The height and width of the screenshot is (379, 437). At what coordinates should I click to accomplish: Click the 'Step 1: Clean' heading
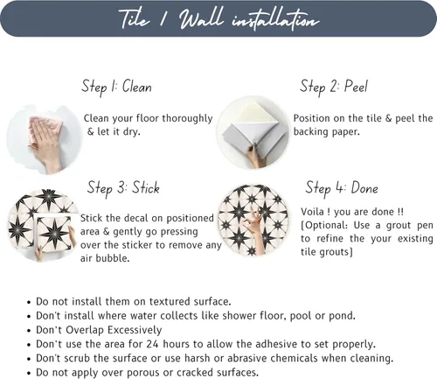click(116, 87)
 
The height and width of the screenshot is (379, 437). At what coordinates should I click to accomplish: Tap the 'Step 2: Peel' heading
click(334, 87)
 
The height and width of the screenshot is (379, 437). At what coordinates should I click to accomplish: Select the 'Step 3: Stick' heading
click(123, 187)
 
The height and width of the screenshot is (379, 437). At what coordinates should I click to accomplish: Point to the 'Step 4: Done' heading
click(342, 187)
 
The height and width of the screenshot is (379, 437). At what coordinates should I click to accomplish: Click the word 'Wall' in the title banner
click(201, 19)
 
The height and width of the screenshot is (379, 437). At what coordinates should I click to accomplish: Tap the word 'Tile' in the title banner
click(134, 19)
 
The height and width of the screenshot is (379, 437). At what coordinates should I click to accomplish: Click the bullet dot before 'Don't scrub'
click(29, 359)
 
